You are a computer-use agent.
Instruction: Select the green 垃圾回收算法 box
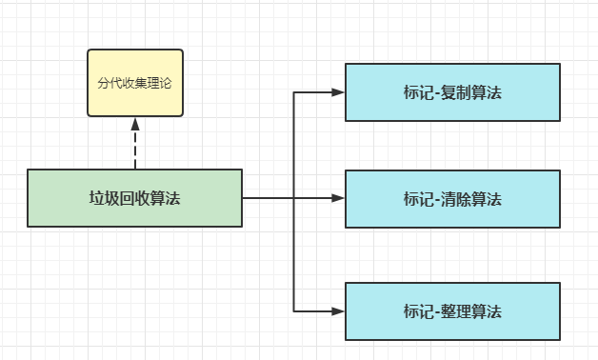click(x=134, y=198)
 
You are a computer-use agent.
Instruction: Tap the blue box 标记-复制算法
click(x=452, y=92)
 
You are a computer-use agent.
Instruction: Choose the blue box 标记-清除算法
click(x=452, y=199)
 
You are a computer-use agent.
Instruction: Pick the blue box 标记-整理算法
click(x=452, y=311)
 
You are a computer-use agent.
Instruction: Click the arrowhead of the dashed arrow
click(x=135, y=123)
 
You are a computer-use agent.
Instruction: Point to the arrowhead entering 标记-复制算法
click(x=337, y=92)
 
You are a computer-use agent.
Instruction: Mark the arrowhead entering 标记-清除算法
click(x=337, y=198)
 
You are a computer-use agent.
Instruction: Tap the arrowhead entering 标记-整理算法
click(x=337, y=311)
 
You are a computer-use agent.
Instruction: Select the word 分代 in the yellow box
click(x=109, y=83)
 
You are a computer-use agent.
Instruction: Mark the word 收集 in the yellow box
click(x=134, y=83)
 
